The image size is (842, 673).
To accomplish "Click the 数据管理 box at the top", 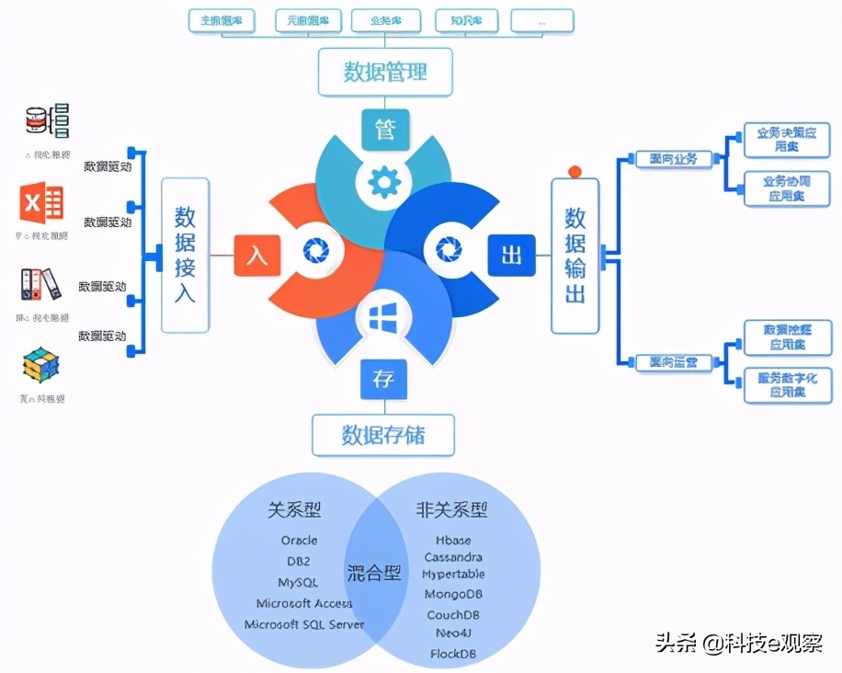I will point(385,73).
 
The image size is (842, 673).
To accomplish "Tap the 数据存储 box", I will point(383,434).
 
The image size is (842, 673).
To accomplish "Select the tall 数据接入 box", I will point(185,255).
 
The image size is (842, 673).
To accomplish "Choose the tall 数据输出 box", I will point(575,255).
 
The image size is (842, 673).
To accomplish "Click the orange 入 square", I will point(256,255).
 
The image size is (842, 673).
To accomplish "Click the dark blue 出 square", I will point(511,255).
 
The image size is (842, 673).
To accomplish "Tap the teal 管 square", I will point(384,130).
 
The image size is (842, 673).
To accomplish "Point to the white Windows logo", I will point(381,319).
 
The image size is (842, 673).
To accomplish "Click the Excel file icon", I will point(41,203).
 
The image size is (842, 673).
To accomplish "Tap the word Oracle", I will point(299,541).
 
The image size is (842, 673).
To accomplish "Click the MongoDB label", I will point(453,594).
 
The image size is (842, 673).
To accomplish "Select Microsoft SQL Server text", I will point(303,624).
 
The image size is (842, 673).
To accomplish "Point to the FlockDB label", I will point(453,654).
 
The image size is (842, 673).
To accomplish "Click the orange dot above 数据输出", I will point(575,171).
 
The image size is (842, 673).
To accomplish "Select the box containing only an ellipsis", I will point(541,19).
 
